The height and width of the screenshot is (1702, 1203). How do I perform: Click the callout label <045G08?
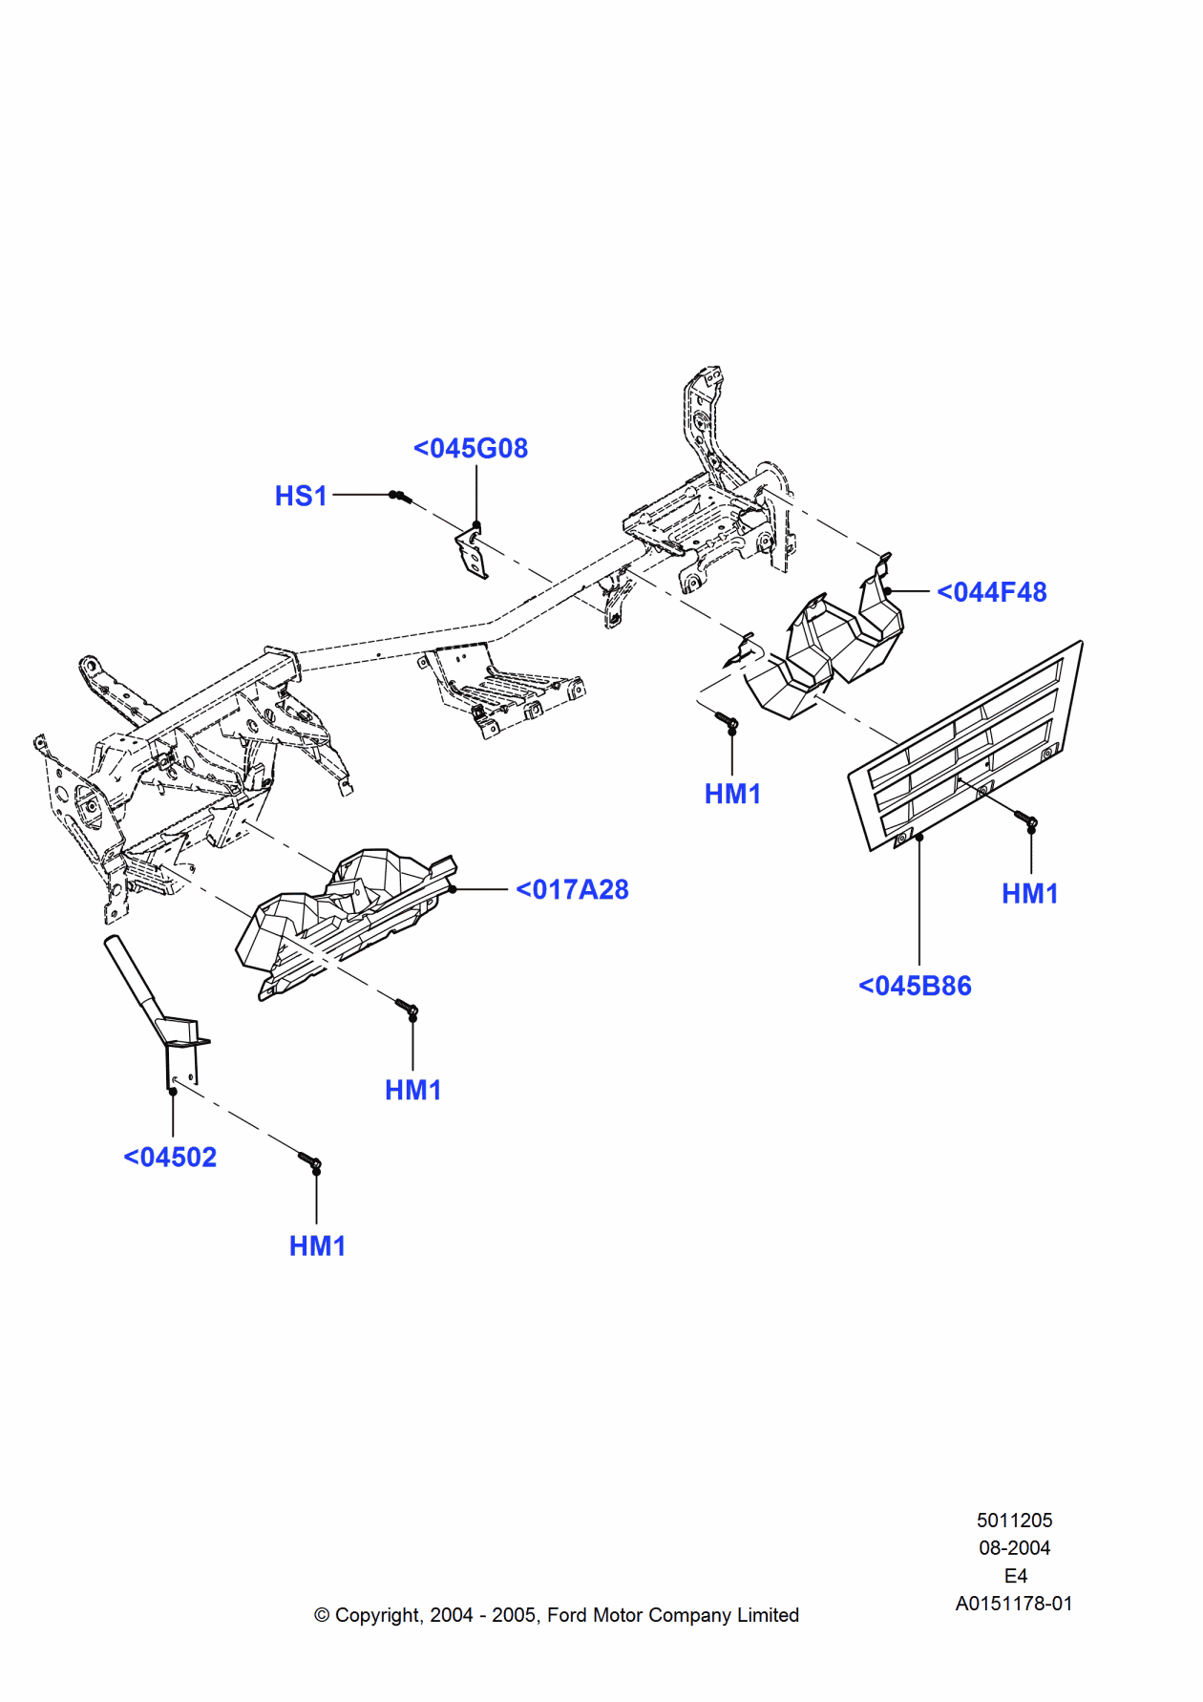(471, 448)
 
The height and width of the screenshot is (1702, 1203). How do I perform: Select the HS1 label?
(301, 496)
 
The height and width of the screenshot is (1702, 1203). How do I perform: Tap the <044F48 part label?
(991, 592)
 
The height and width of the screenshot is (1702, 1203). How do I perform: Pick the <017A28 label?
(572, 889)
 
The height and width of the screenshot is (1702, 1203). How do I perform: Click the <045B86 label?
(915, 986)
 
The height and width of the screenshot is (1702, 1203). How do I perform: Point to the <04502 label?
(170, 1157)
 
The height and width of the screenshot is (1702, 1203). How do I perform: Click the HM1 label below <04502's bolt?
(317, 1245)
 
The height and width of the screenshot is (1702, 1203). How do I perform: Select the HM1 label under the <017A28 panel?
(412, 1090)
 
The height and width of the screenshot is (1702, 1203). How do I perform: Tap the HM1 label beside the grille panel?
(1029, 893)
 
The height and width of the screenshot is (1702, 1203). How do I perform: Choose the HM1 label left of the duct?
(732, 794)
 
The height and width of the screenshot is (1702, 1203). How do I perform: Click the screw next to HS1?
(400, 496)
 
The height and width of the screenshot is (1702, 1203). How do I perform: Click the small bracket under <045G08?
(472, 554)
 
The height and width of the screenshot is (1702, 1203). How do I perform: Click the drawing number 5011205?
(1014, 1520)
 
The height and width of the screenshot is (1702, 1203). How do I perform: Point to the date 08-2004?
(1014, 1547)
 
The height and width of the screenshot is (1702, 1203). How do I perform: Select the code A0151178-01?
(1014, 1603)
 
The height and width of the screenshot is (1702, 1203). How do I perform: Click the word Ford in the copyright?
(566, 1614)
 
